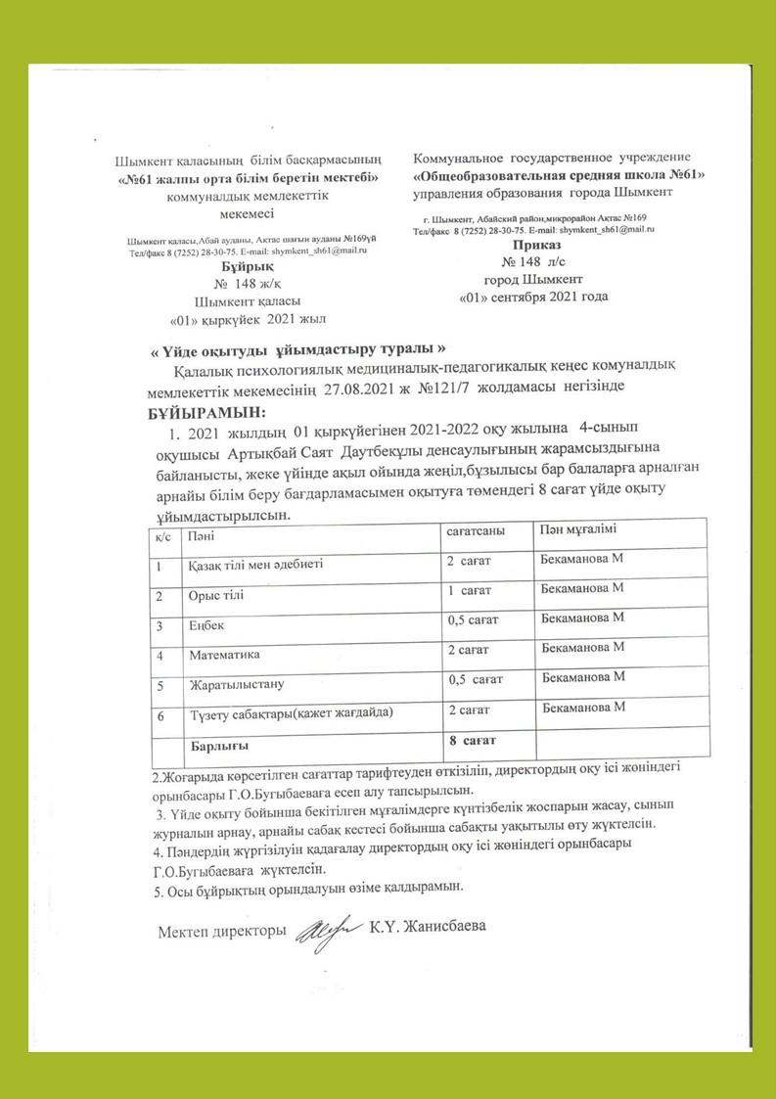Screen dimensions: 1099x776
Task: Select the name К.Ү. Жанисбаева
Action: click(428, 927)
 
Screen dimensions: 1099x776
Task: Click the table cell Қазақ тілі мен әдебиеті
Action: click(253, 565)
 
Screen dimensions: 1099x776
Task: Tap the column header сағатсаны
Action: click(476, 530)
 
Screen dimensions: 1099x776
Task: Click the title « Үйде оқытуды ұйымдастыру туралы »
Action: click(296, 351)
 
